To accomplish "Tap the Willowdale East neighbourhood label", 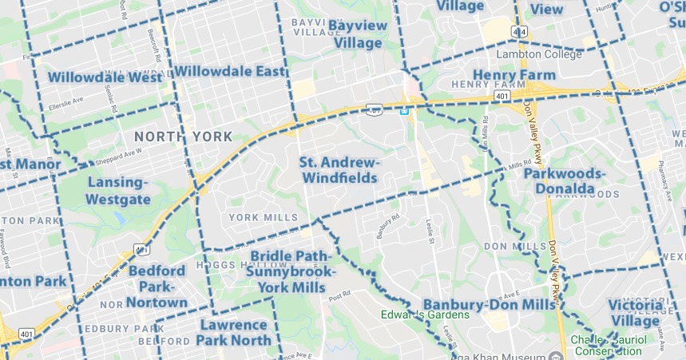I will pos(230,72).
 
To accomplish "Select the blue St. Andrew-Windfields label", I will pos(339,169).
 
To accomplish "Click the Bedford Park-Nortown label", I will pos(157,286).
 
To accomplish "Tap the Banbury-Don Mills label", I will pos(488,305).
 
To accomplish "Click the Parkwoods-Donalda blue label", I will pos(565,180).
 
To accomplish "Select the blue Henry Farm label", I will pos(514,75).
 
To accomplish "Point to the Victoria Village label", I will pos(636,313).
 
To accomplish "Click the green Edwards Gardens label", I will pos(425,314).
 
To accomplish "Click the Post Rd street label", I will pos(339,295).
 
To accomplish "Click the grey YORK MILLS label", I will pos(263,217).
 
